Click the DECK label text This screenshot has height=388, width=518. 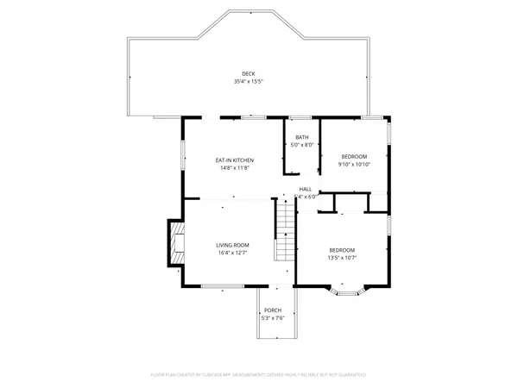tap(248, 73)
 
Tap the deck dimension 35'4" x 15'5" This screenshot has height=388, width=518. tap(248, 82)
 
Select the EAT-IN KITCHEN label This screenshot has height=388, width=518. tap(234, 160)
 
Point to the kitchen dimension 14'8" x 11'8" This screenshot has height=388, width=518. tap(234, 168)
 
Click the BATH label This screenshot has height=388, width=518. tap(301, 137)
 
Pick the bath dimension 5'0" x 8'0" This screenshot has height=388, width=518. tap(301, 145)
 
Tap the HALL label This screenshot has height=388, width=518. tap(306, 189)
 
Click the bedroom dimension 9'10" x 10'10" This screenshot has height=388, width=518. tap(354, 164)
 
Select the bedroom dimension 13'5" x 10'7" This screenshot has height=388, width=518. tap(342, 258)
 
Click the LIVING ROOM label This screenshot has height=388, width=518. tap(233, 245)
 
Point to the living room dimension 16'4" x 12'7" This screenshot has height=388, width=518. tap(233, 253)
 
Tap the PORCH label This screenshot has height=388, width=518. tap(273, 310)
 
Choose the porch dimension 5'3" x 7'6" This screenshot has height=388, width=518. tap(273, 318)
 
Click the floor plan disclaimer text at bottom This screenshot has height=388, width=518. tap(259, 375)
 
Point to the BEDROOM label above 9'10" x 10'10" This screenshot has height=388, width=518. tap(354, 156)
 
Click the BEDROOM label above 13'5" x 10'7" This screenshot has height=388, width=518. tap(342, 250)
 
